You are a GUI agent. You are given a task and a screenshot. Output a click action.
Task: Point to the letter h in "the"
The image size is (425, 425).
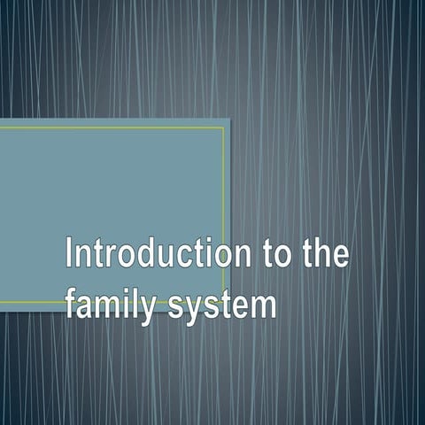322,254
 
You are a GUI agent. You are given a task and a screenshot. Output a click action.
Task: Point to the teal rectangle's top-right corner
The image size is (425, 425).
229,118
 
